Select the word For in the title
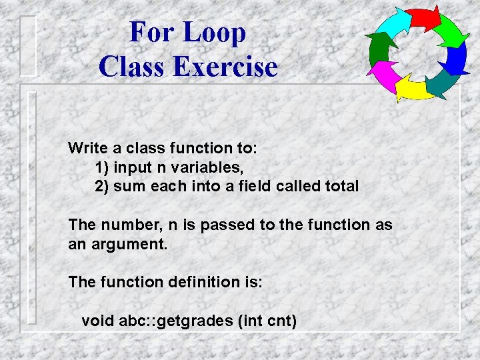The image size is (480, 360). tap(151, 32)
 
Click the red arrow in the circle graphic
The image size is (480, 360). tap(424, 18)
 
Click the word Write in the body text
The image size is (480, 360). tap(85, 147)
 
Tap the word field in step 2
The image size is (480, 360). tap(255, 186)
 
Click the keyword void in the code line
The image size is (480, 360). tap(97, 321)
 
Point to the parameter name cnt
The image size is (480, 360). tap(280, 321)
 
